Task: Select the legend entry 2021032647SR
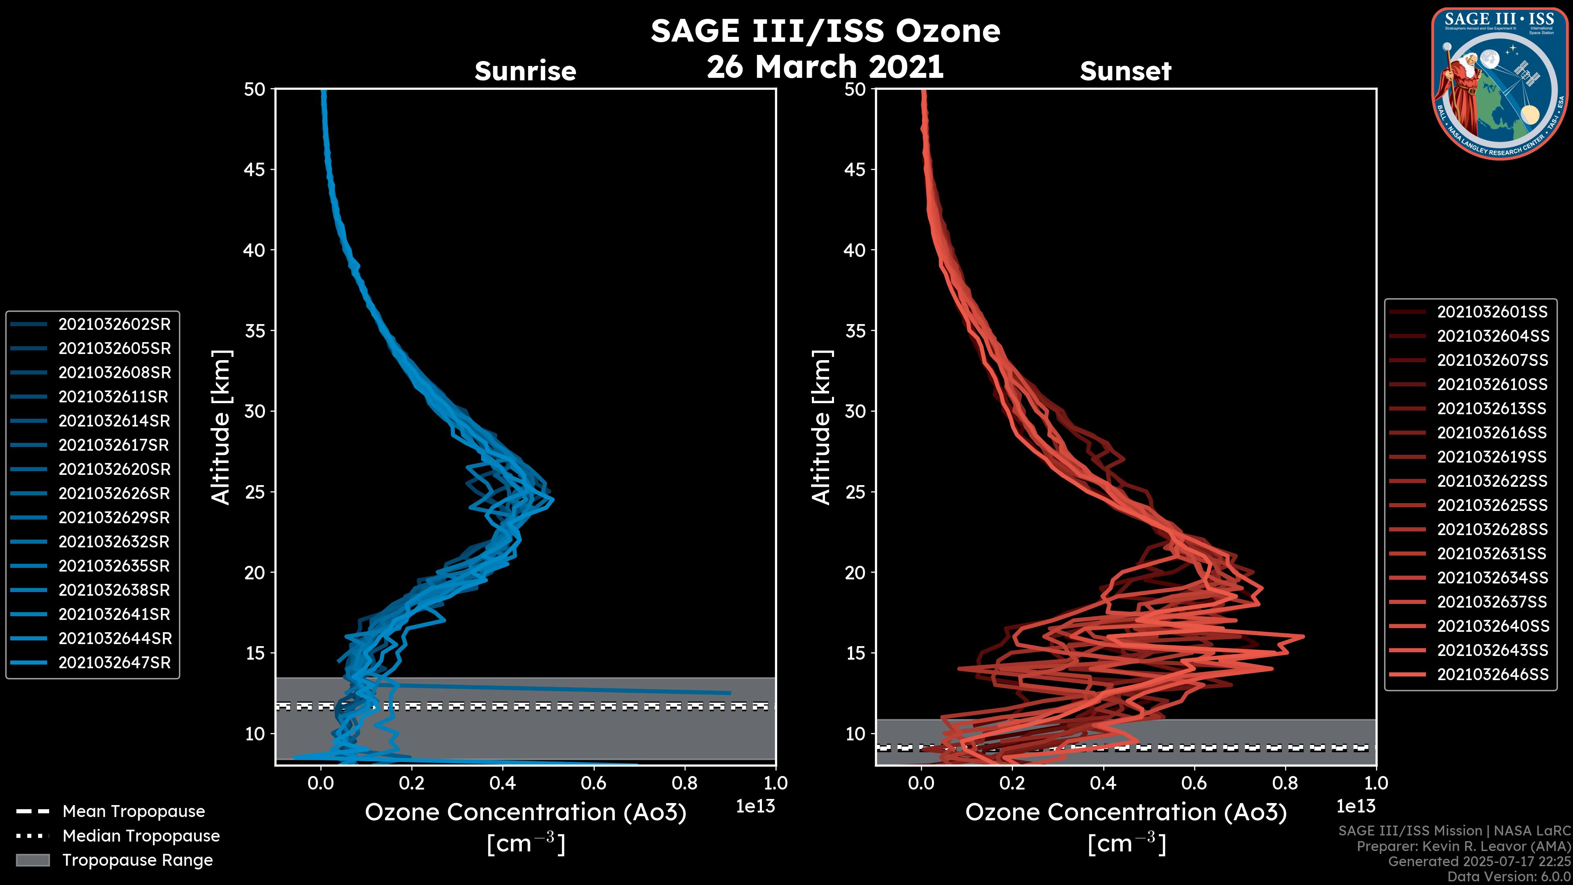114,663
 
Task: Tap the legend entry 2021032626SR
114,493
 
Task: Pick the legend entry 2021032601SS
1492,312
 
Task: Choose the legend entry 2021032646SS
1492,674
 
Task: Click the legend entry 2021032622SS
1492,481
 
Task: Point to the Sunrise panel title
525,71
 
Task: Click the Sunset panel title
1125,71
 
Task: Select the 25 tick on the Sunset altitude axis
855,492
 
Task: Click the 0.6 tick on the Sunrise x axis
594,783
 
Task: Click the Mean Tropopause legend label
134,812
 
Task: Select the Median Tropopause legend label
141,836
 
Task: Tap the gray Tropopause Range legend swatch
32,860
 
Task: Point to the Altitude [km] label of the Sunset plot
822,427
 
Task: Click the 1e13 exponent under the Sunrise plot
755,807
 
